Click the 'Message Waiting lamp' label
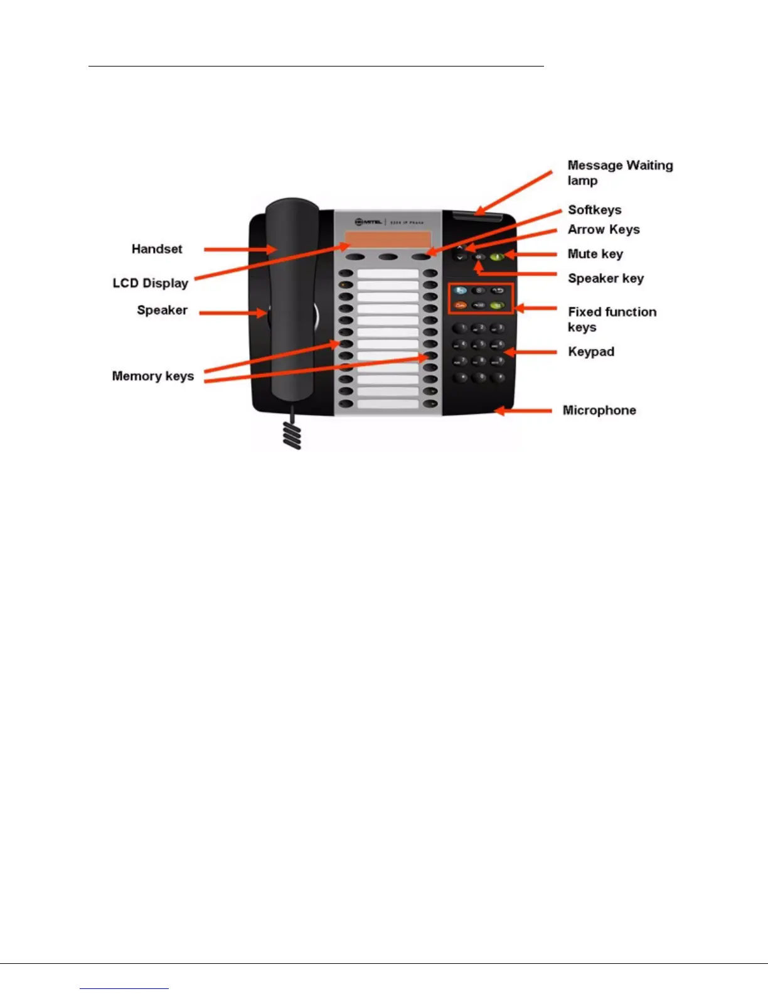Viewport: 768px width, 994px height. (620, 173)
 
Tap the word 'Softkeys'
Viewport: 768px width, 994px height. (594, 210)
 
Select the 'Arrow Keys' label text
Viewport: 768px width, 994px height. (604, 230)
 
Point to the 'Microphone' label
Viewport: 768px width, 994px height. (599, 410)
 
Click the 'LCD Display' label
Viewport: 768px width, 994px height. (151, 283)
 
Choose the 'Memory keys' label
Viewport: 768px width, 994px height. (153, 376)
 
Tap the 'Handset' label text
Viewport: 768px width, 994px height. (157, 249)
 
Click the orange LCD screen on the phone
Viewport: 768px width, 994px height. (387, 240)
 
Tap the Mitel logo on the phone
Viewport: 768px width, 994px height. (369, 222)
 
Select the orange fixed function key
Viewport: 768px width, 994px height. (461, 305)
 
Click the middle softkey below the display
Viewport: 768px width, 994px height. (388, 257)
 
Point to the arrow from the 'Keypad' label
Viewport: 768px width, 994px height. (530, 352)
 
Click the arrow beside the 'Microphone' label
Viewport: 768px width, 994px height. (524, 411)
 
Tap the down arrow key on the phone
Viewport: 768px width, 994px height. (461, 257)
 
